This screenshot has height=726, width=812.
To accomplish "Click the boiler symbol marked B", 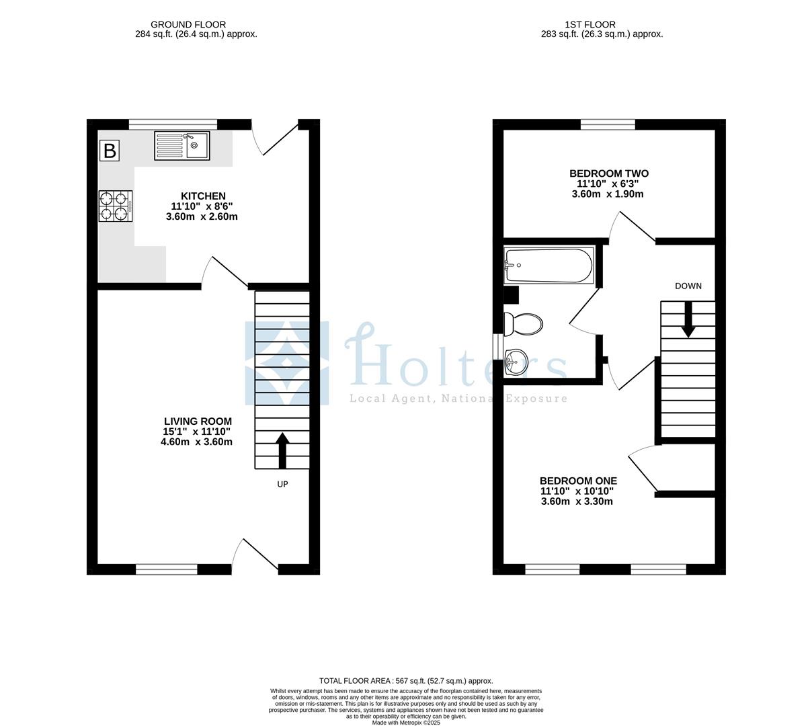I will click(x=109, y=151).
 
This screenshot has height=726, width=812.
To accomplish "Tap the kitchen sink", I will click(x=183, y=146).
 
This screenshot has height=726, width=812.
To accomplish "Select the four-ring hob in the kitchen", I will click(x=115, y=206).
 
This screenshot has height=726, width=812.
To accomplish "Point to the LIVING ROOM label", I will click(x=198, y=421).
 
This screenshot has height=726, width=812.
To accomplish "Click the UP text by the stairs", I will click(x=282, y=484).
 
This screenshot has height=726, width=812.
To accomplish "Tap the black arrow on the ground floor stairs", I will click(x=282, y=450).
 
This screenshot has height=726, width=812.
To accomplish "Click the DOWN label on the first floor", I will click(x=688, y=286).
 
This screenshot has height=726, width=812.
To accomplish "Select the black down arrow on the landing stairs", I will click(x=688, y=319).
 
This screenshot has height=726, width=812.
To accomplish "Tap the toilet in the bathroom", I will click(x=523, y=325).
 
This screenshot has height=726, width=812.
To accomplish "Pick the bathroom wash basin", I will click(x=516, y=362).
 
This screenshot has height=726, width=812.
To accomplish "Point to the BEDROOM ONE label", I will click(x=578, y=481).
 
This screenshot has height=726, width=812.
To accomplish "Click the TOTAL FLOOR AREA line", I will click(x=406, y=681).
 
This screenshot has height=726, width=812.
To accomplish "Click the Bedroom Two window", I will click(x=608, y=124).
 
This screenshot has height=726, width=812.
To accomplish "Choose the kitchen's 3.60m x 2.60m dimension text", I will click(x=202, y=216).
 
